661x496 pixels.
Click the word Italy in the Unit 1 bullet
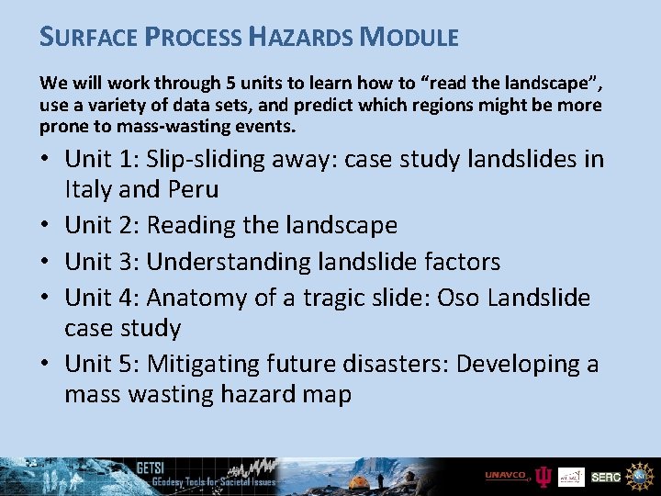click(89, 189)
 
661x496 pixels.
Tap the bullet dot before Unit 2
click(46, 226)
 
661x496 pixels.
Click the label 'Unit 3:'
click(101, 262)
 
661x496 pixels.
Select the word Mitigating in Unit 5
click(207, 364)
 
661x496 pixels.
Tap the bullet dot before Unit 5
click(46, 365)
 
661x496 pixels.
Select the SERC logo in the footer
click(605, 477)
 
